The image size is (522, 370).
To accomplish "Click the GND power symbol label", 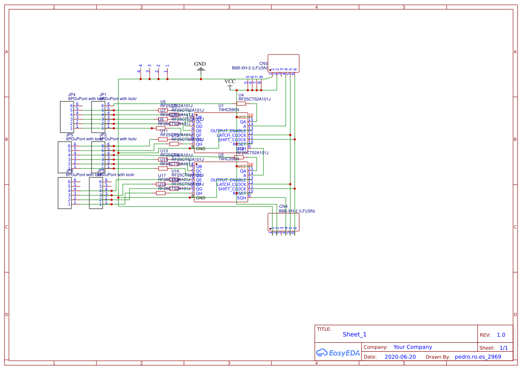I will [x=200, y=64].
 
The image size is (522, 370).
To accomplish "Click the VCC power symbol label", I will [x=230, y=81].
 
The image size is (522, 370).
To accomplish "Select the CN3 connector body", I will [x=283, y=63].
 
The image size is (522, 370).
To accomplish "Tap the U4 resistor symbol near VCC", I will [x=241, y=104].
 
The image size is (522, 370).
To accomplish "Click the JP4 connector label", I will [x=71, y=95].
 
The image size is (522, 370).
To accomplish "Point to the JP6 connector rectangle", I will [x=65, y=193].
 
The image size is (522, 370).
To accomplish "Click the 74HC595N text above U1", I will [x=229, y=109].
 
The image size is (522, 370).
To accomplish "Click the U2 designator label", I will [x=221, y=155].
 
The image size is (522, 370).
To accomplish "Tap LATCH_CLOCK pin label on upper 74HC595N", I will [x=231, y=135].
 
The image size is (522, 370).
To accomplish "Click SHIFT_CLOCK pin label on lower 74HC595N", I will [x=232, y=189].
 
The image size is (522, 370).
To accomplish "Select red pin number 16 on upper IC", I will [x=251, y=115].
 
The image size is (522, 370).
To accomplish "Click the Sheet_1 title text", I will [x=355, y=334].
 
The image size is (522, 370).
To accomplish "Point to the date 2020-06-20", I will [x=400, y=357].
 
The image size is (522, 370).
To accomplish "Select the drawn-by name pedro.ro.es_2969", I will [x=477, y=357].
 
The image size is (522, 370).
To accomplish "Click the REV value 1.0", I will [x=501, y=335].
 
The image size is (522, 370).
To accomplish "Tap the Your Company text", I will [x=413, y=347].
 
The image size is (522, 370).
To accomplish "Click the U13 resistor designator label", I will [x=164, y=151].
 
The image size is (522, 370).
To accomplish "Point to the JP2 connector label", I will [x=103, y=135].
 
